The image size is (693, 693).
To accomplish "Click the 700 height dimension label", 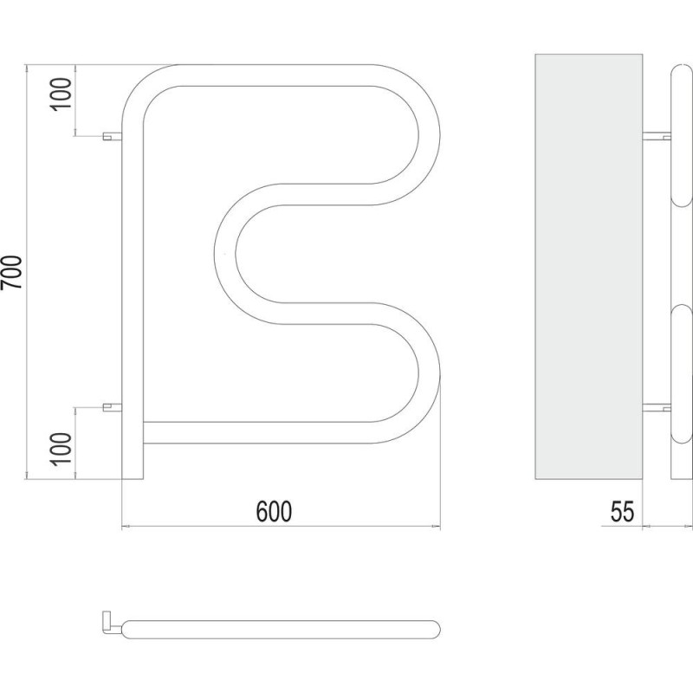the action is [x=12, y=272].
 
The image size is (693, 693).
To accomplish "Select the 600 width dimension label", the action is [x=274, y=511].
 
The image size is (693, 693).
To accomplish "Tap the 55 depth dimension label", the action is [x=622, y=511].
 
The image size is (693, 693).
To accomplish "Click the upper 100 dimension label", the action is [x=62, y=94].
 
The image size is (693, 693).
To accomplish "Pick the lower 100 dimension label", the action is [x=62, y=449].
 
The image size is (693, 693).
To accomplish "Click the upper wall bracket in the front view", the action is [x=113, y=136].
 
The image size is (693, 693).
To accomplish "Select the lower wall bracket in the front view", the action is [x=113, y=407].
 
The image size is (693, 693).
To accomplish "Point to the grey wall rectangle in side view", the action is [x=589, y=267].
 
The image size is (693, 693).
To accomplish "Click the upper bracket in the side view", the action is [x=657, y=136].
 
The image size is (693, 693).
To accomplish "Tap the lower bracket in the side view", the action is [x=657, y=407].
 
